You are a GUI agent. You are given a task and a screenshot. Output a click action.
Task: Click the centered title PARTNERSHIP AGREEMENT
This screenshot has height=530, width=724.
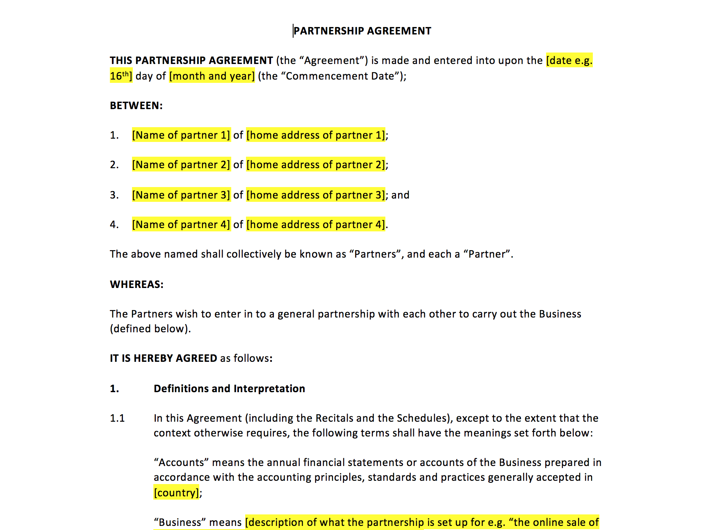(x=362, y=31)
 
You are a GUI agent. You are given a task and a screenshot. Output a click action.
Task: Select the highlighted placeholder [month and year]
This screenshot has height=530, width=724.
(x=212, y=76)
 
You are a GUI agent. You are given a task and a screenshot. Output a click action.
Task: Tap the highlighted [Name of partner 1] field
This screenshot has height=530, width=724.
(x=181, y=135)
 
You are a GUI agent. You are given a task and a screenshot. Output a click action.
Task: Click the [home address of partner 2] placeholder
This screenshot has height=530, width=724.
(x=316, y=165)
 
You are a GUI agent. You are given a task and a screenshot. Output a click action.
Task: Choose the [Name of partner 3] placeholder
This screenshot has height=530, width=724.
(x=181, y=195)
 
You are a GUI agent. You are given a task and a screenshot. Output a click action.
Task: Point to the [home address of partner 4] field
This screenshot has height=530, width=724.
(x=316, y=225)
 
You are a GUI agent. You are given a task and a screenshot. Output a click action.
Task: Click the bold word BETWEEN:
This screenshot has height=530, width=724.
(x=136, y=106)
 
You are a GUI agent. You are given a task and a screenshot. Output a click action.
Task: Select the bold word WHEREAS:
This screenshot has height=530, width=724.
(x=137, y=285)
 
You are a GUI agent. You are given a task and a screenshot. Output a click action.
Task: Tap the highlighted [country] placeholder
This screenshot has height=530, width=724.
(x=176, y=493)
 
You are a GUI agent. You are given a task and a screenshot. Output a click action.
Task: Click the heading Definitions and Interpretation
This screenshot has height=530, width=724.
(x=229, y=389)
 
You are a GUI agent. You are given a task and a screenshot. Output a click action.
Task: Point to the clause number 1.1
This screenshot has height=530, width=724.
(x=117, y=418)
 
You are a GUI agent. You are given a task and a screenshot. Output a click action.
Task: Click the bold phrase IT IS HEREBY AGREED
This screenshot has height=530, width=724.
(x=163, y=359)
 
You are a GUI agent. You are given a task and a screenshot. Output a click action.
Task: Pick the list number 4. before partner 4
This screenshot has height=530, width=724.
(x=114, y=225)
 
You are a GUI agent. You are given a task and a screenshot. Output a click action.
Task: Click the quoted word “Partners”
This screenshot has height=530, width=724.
(x=375, y=254)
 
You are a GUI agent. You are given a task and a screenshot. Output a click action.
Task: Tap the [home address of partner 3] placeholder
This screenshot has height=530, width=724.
(x=316, y=195)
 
